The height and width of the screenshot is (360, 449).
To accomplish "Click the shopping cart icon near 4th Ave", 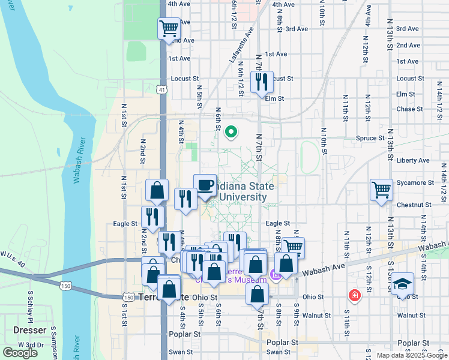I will pyautogui.click(x=169, y=28).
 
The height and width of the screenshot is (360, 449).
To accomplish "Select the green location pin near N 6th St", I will pyautogui.click(x=232, y=132).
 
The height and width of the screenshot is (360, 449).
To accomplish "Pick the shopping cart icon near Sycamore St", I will pyautogui.click(x=381, y=190).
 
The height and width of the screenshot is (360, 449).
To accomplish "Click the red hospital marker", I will pyautogui.click(x=355, y=296).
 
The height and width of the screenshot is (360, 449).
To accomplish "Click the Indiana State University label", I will pyautogui.click(x=243, y=191).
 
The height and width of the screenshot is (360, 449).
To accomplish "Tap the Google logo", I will pyautogui.click(x=20, y=353).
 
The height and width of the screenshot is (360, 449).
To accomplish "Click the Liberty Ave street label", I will pyautogui.click(x=413, y=161).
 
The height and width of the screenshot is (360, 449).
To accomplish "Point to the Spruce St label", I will pyautogui.click(x=370, y=138).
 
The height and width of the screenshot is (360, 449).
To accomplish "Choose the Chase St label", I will pyautogui.click(x=409, y=109).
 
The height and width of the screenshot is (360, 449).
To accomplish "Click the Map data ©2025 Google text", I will pyautogui.click(x=411, y=355).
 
